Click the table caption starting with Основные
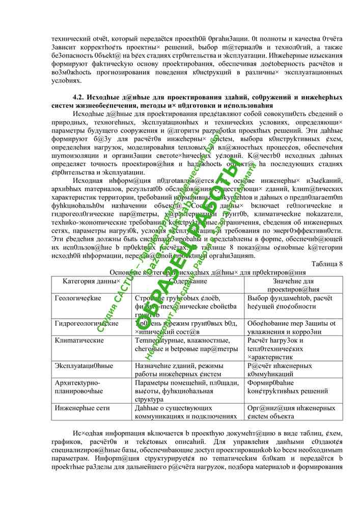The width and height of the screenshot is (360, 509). [207, 272]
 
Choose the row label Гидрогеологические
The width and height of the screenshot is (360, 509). [87, 323]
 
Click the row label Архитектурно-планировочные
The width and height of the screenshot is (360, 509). [79, 387]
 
